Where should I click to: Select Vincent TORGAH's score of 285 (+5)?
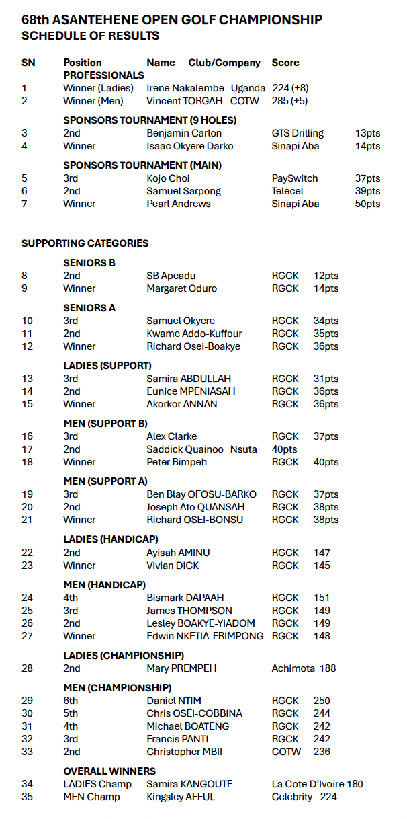pos(290,101)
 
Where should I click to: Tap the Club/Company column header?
pos(224,63)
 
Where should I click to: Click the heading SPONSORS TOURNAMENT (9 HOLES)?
pos(150,120)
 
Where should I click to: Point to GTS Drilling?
pos(298,133)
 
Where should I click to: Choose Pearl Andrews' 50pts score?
pos(367,204)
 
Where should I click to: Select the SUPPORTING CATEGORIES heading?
pos(85,243)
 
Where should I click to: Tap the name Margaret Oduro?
pos(181,288)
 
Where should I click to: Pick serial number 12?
pos(28,346)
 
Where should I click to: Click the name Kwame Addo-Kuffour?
pos(194,334)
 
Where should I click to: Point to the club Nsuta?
pos(244,449)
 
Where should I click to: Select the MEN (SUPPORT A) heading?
pos(105,481)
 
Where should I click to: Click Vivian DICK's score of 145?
pos(322,565)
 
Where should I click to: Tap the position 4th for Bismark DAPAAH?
pos(71,598)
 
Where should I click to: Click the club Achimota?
pos(293,668)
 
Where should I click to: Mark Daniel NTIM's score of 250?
pos(322,701)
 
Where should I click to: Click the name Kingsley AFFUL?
pos(180,797)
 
